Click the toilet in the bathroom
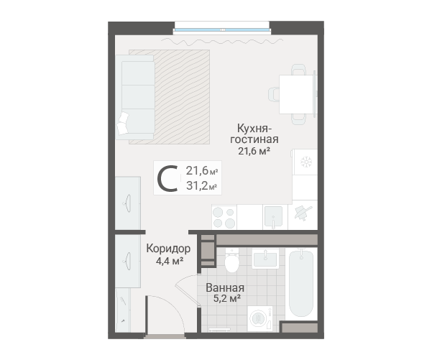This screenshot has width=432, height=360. click(x=231, y=260)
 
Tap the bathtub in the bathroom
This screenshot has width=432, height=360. click(x=301, y=284)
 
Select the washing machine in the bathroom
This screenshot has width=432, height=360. click(x=260, y=319)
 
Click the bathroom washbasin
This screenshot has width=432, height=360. click(x=265, y=258)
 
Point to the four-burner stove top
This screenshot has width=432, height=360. click(x=224, y=217)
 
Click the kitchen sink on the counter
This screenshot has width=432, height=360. click(x=273, y=217)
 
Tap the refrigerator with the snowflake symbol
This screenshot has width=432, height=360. click(x=305, y=162)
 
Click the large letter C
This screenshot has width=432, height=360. click(x=167, y=178)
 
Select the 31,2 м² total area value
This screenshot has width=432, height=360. click(x=201, y=185)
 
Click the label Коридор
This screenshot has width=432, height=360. click(x=168, y=249)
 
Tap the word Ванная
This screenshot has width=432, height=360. click(x=225, y=288)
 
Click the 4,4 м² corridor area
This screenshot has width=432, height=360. click(x=170, y=261)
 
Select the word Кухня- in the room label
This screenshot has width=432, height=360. click(x=254, y=129)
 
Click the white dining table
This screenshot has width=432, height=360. click(x=297, y=94)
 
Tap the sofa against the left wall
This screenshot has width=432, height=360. click(x=135, y=97)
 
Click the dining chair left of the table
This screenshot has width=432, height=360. click(x=274, y=94)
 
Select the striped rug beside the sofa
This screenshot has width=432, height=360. click(x=182, y=97)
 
